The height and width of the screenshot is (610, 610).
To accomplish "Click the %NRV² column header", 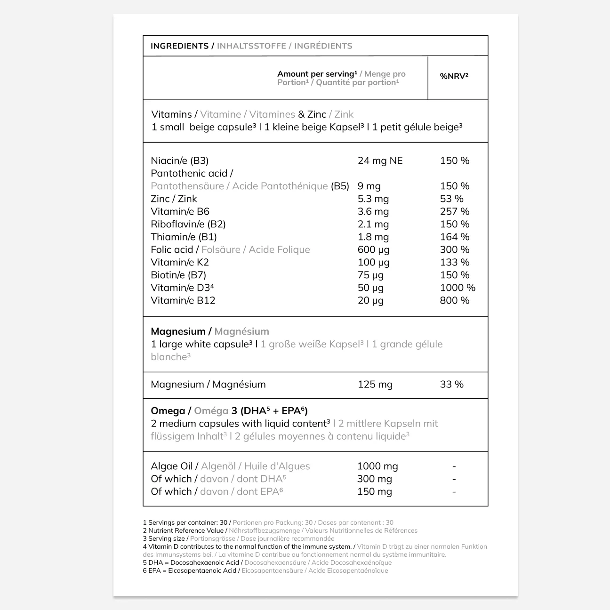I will pyautogui.click(x=454, y=76).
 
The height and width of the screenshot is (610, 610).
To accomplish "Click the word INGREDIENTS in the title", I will pyautogui.click(x=179, y=46).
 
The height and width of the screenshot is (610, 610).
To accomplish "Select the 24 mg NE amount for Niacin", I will pyautogui.click(x=380, y=161).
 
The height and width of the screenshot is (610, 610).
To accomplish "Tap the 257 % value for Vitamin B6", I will pyautogui.click(x=454, y=212).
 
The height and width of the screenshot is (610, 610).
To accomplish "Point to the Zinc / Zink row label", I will pyautogui.click(x=174, y=199).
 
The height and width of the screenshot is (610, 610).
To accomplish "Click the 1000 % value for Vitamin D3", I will pyautogui.click(x=457, y=288).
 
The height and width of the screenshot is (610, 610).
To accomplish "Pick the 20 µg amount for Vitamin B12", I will pyautogui.click(x=370, y=301).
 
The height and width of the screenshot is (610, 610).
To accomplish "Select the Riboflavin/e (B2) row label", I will pyautogui.click(x=188, y=225).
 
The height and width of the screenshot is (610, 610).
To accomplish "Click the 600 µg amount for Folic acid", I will pyautogui.click(x=373, y=250).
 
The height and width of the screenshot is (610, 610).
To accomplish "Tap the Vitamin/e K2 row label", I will pyautogui.click(x=179, y=263).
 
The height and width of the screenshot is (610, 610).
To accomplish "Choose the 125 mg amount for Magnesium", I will pyautogui.click(x=375, y=385).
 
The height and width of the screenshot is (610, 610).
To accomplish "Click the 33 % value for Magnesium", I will pyautogui.click(x=451, y=385).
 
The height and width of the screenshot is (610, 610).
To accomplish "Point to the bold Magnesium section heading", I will pyautogui.click(x=178, y=331).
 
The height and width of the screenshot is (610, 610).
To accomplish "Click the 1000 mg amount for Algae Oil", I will pyautogui.click(x=377, y=466).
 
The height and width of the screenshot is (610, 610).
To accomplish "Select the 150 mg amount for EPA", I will pyautogui.click(x=374, y=492).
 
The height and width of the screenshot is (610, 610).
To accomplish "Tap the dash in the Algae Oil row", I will pyautogui.click(x=454, y=466).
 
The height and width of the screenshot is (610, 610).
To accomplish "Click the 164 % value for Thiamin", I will pyautogui.click(x=454, y=237).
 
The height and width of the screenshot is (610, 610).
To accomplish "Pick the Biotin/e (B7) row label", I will pyautogui.click(x=178, y=275).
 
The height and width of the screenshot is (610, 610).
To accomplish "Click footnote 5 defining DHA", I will pyautogui.click(x=267, y=562).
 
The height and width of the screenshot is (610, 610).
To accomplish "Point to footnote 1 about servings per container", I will pyautogui.click(x=268, y=522).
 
